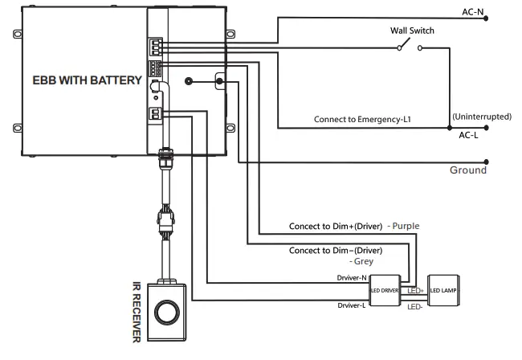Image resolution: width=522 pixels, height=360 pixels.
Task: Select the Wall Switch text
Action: (412, 31)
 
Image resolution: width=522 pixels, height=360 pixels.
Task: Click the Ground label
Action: (468, 170)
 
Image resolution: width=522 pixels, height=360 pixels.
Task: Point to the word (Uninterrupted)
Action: (482, 117)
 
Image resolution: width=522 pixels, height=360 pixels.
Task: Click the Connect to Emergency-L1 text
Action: (362, 119)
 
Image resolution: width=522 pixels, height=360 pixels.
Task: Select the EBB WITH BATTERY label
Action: (88, 80)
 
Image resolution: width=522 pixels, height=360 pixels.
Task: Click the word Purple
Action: (404, 227)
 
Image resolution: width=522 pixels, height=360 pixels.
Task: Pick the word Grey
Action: (361, 262)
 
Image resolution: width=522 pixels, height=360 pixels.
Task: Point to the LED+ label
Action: (417, 289)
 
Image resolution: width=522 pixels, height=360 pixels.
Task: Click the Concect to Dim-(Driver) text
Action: (336, 251)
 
